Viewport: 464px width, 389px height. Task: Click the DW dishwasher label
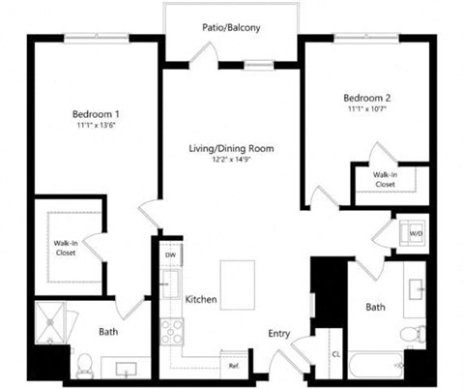[x=170, y=255]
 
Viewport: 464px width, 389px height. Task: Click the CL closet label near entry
[x=335, y=354]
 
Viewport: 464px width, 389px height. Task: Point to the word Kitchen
[x=201, y=299]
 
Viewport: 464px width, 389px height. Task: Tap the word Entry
[x=279, y=334]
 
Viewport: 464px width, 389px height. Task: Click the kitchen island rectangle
[x=237, y=281]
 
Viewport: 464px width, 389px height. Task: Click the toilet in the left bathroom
[x=84, y=364]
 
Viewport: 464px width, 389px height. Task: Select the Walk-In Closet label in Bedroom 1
[x=66, y=247]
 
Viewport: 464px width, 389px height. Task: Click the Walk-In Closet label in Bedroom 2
[x=385, y=178]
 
